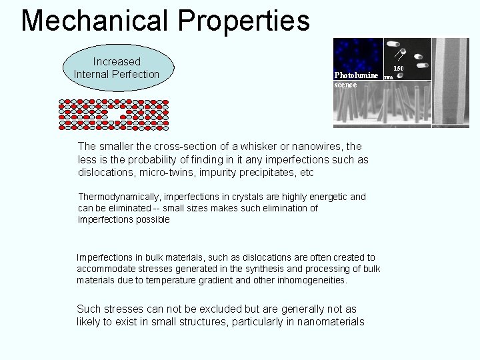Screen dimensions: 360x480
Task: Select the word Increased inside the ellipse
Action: (117, 61)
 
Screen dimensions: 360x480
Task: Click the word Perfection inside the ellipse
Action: (135, 74)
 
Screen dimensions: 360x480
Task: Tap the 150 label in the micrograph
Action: (398, 68)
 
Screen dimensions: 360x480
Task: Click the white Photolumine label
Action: (356, 75)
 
